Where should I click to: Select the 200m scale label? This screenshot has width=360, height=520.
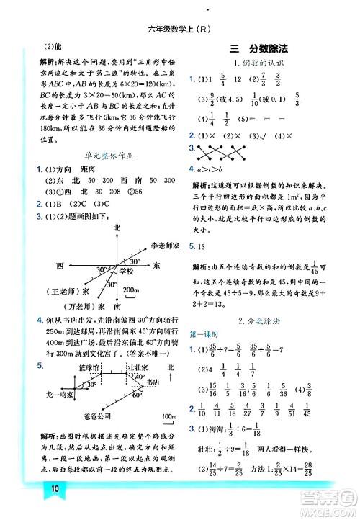(x=132, y=290)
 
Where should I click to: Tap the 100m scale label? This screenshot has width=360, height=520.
(x=168, y=416)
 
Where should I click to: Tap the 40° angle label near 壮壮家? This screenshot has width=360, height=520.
(x=140, y=376)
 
